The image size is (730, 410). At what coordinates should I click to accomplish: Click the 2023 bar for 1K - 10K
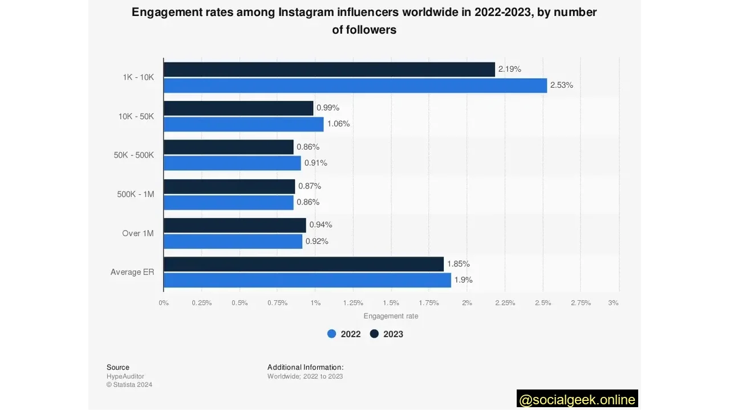point(329,69)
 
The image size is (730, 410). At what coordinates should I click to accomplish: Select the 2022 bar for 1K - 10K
point(355,85)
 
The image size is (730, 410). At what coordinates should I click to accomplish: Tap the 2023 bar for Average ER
point(303,264)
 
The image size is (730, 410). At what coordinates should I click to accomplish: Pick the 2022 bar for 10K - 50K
point(244,124)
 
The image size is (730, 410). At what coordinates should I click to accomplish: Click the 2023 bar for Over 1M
point(234,225)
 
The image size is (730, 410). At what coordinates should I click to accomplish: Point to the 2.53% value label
point(561,85)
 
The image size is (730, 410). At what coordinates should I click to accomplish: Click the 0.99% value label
point(328,108)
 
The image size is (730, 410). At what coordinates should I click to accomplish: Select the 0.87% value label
point(310,186)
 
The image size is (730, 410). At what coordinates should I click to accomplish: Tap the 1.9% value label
point(463,280)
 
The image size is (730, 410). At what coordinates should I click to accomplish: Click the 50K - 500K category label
point(133,155)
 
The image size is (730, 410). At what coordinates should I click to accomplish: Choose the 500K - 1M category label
point(135,194)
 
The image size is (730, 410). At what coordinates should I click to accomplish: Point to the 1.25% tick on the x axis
point(353,303)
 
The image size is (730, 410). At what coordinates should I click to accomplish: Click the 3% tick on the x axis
point(613,303)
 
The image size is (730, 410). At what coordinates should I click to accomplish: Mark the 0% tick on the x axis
point(164,303)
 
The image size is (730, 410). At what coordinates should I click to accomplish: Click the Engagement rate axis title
point(391,316)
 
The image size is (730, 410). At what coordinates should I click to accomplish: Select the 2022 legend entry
point(344,334)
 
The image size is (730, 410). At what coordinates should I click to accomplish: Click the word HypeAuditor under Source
point(125,376)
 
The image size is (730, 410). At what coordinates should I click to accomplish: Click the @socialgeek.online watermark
point(577,400)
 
